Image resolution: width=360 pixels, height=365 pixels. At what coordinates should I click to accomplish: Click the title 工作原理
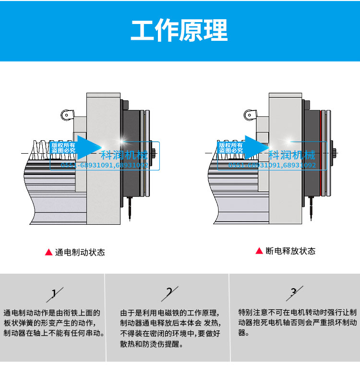point(180,31)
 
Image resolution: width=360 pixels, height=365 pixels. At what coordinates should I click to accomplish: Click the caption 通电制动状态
point(80,252)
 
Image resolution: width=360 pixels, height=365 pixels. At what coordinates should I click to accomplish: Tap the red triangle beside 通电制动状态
point(48,252)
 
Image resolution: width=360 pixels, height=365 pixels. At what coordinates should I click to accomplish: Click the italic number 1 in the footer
point(54,293)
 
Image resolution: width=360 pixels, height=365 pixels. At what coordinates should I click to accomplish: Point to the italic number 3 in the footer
point(294,292)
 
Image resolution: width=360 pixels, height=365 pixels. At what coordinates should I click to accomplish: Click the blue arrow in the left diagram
point(88,147)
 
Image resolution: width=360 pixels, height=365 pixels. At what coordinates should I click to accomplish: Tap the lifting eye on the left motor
point(66,115)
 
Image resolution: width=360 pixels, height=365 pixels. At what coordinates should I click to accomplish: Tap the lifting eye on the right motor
point(249,115)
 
